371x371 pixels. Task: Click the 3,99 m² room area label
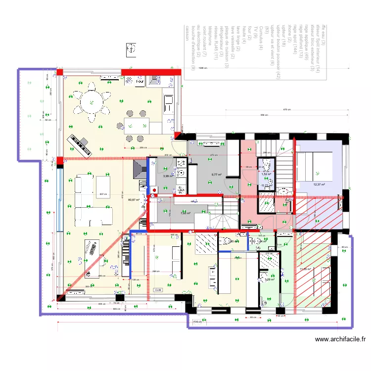point(168,176)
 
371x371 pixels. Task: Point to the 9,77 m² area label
point(216,174)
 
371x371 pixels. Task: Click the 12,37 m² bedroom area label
point(319,185)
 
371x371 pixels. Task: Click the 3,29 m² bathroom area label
point(270,279)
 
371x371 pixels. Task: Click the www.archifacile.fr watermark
point(341,339)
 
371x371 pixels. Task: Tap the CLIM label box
point(158,290)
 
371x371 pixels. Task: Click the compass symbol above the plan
point(132,48)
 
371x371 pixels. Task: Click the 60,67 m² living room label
point(133,200)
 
